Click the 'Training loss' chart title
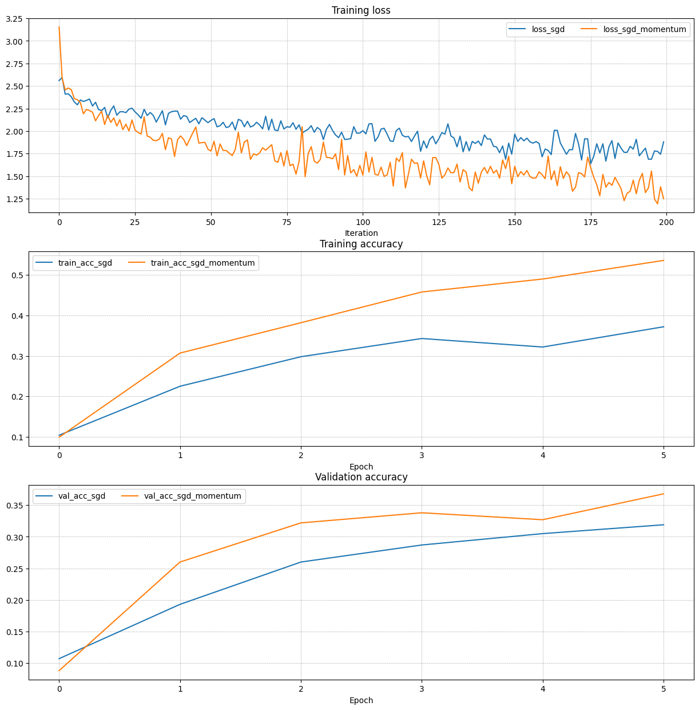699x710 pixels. [x=361, y=10]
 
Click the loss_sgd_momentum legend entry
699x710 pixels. [x=636, y=30]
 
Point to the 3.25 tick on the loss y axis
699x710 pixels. [x=14, y=19]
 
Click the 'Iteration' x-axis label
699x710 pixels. [x=361, y=233]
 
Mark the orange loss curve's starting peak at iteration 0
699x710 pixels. [x=59, y=27]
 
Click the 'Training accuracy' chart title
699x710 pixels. [x=361, y=244]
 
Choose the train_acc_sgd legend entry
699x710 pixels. [x=74, y=263]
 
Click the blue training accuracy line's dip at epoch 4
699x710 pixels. [x=542, y=347]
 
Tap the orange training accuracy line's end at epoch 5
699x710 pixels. [x=664, y=261]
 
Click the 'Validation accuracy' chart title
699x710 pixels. [x=361, y=477]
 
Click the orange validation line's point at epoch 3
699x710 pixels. [x=422, y=512]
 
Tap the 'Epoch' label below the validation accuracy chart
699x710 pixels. [x=361, y=700]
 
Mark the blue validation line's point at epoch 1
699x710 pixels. [x=180, y=604]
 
